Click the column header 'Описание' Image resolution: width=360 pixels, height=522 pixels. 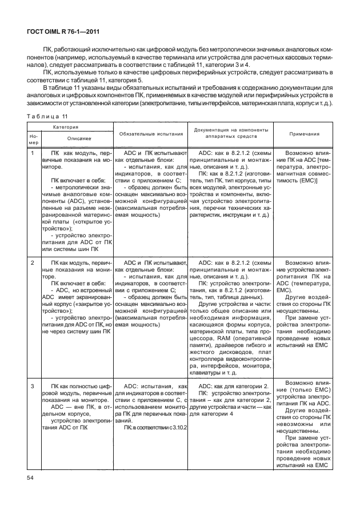(x=71, y=139)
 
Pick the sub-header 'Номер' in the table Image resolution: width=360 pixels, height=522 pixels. (x=33, y=139)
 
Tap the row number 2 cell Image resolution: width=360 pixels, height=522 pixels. (x=33, y=262)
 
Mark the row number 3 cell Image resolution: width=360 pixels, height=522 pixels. (x=33, y=386)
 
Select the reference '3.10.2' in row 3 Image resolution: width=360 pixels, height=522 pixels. (x=177, y=427)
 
